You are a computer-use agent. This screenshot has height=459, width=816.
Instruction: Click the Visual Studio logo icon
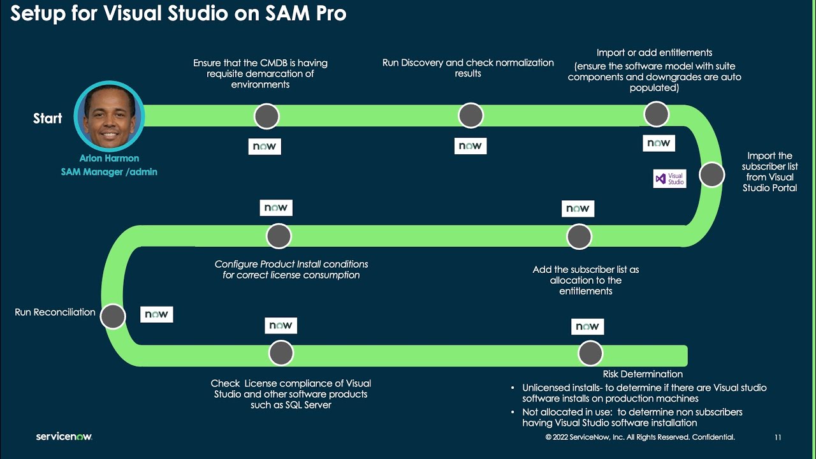(x=669, y=178)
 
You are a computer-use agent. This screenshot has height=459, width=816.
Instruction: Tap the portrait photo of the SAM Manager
(x=110, y=116)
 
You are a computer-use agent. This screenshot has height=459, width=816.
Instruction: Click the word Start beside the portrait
(x=48, y=119)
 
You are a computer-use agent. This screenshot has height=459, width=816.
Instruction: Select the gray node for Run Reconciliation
(x=113, y=316)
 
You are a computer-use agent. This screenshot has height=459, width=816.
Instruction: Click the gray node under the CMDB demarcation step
(x=266, y=116)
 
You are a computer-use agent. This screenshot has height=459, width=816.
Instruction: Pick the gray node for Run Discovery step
(x=470, y=116)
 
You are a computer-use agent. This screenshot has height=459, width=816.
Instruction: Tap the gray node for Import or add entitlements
(x=656, y=115)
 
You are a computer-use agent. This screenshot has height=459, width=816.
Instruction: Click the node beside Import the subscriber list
(x=711, y=175)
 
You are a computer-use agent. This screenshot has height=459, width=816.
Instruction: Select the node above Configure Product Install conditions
(x=279, y=237)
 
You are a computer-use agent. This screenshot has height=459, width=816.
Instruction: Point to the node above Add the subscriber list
(x=579, y=237)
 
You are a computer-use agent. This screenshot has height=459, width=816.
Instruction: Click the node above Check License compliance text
(x=281, y=353)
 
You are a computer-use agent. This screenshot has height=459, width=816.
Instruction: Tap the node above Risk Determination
(x=590, y=353)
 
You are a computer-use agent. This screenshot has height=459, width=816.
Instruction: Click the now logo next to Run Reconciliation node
(x=156, y=314)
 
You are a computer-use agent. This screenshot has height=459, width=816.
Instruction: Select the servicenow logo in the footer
(x=64, y=437)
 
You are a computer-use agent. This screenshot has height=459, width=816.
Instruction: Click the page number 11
(x=778, y=437)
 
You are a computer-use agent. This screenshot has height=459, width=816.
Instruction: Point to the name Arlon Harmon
(x=109, y=158)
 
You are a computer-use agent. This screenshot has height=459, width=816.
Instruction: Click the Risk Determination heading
(x=643, y=374)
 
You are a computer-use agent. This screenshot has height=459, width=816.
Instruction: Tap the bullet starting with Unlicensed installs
(x=644, y=393)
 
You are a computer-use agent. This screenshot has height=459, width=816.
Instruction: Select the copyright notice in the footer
(x=640, y=437)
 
